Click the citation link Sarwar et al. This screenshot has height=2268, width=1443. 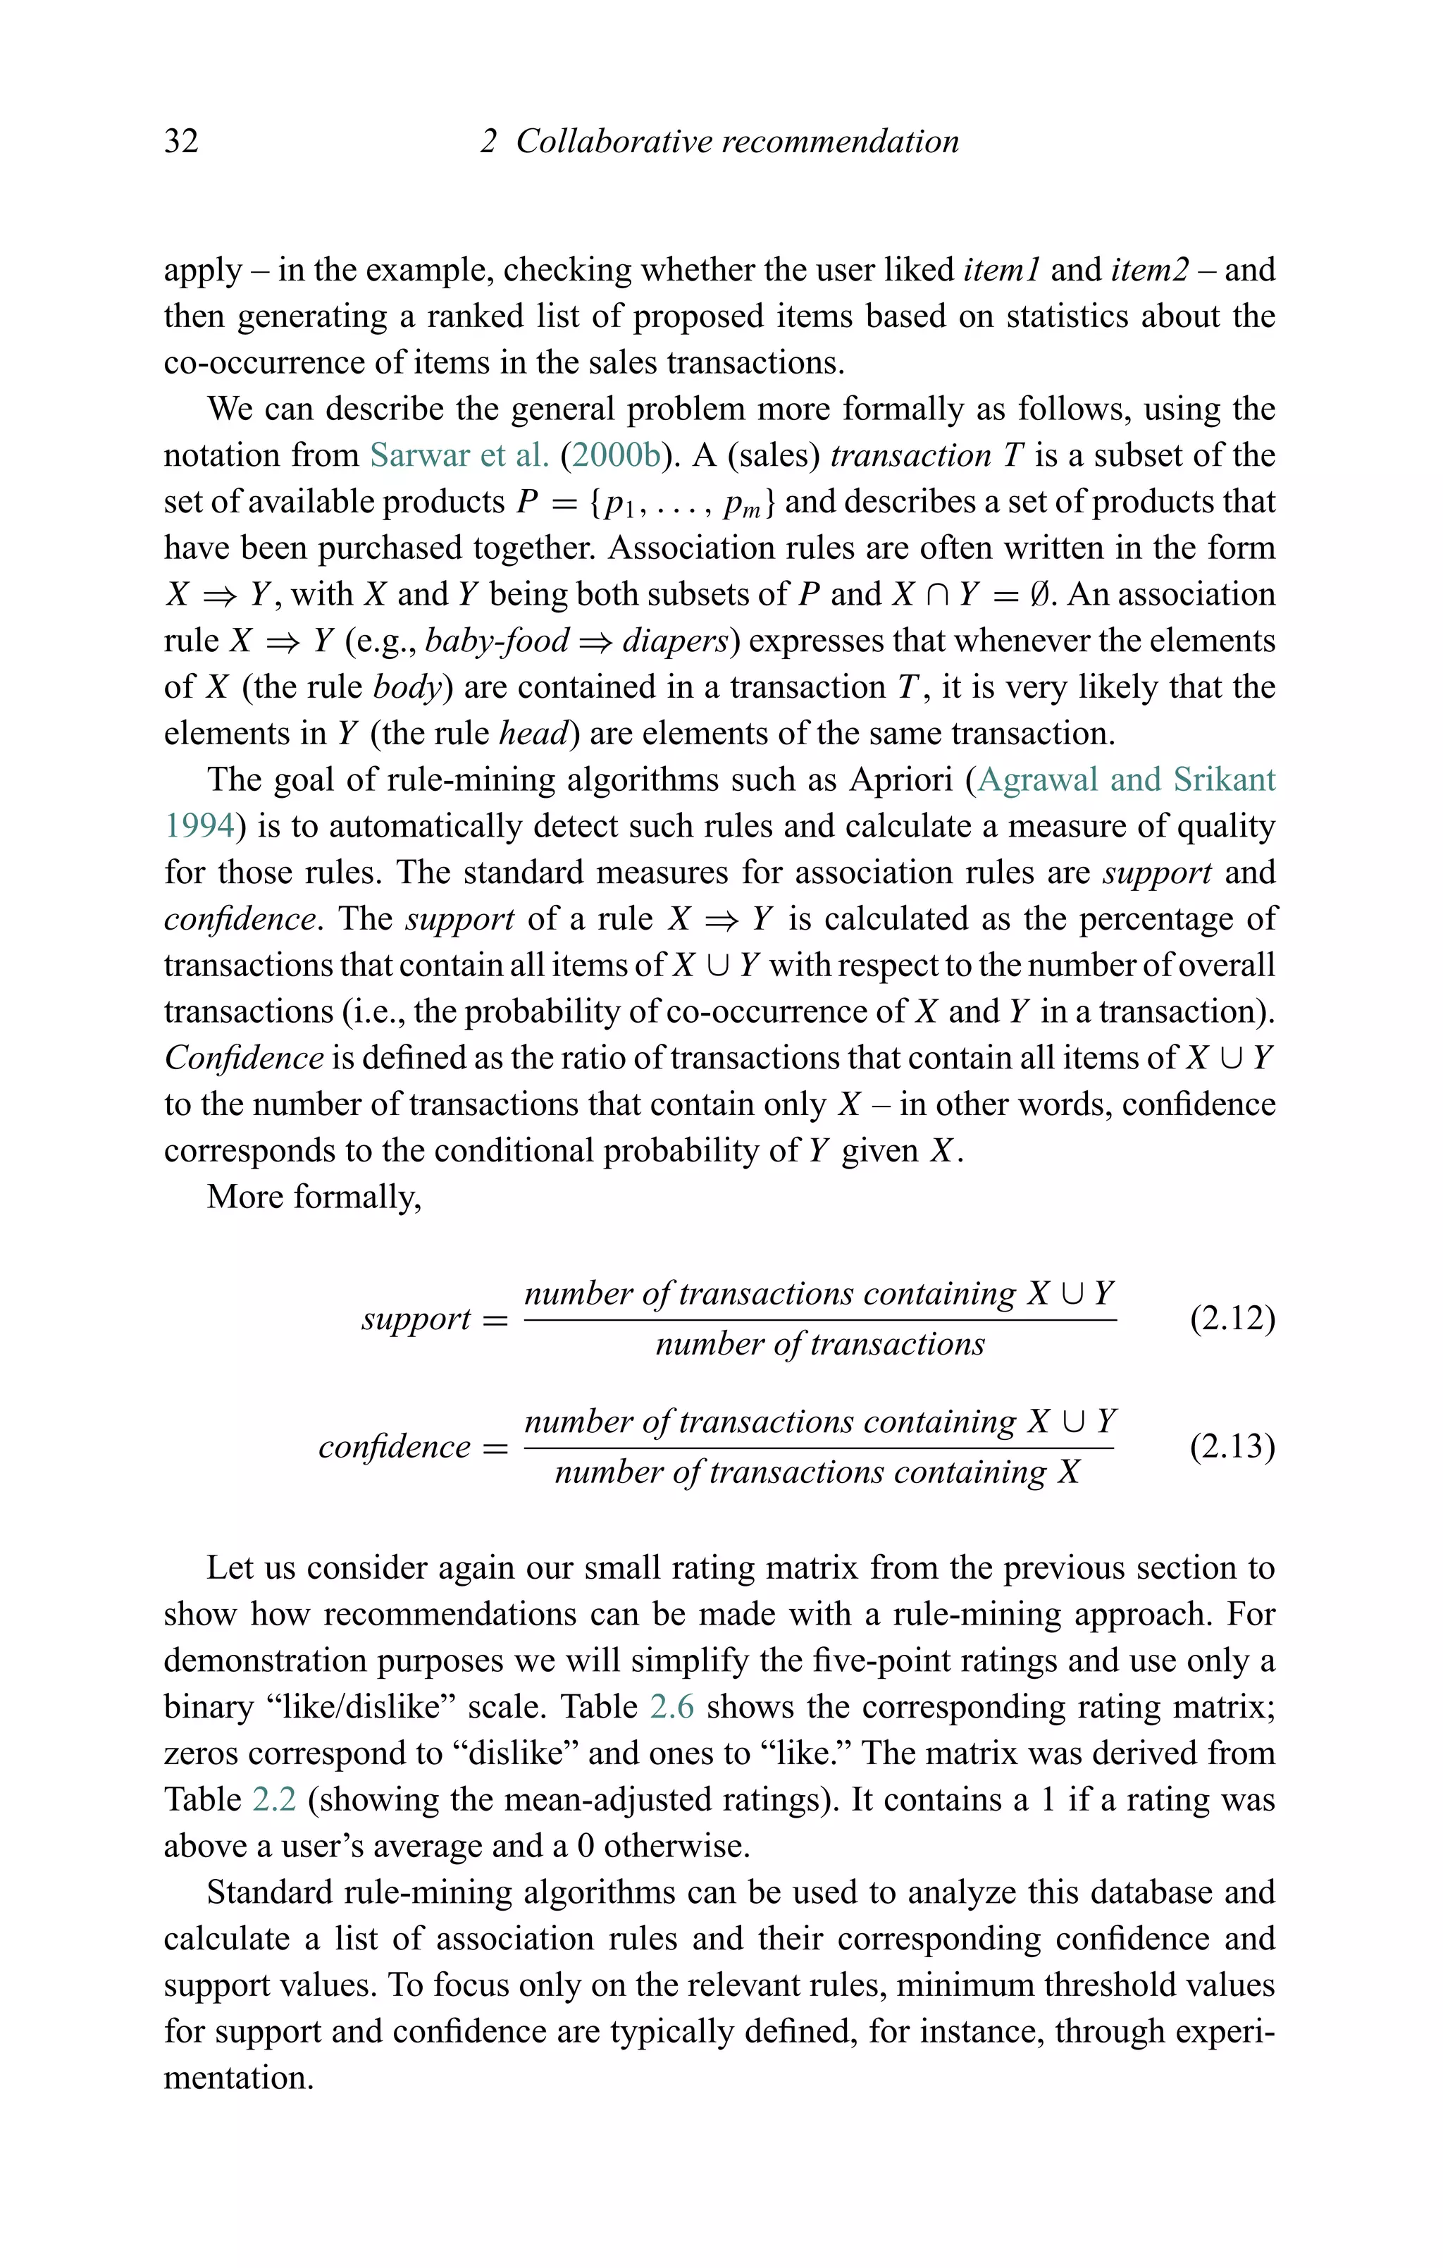click(459, 456)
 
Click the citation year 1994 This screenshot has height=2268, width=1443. click(199, 826)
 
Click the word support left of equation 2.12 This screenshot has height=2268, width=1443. click(416, 1319)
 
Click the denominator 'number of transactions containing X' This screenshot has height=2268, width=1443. click(817, 1472)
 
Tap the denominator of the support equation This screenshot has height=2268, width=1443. click(819, 1344)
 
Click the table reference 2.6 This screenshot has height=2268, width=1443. click(671, 1707)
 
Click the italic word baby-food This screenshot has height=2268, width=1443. click(497, 641)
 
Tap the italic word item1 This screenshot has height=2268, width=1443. click(1001, 271)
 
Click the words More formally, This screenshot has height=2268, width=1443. click(314, 1197)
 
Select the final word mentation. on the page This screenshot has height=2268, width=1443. click(238, 2078)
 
